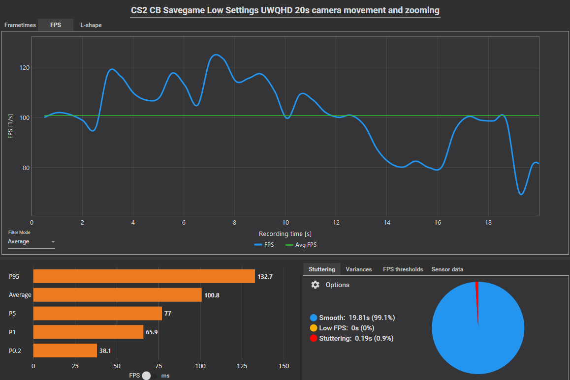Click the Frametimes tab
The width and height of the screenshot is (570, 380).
(x=20, y=25)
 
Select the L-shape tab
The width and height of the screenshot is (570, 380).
(x=91, y=25)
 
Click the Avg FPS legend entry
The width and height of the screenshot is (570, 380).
(x=304, y=244)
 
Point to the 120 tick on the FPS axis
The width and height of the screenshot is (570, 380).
(x=23, y=68)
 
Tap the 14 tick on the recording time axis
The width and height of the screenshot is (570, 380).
(x=387, y=222)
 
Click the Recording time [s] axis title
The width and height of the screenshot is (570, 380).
(x=285, y=234)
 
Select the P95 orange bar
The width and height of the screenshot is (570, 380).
(x=144, y=276)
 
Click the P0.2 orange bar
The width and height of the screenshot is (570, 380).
(x=65, y=351)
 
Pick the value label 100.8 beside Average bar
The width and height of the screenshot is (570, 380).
(x=212, y=295)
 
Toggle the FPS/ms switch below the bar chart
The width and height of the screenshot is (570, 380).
(x=150, y=376)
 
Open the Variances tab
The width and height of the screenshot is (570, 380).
(x=358, y=269)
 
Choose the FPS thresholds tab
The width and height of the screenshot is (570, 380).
(x=403, y=269)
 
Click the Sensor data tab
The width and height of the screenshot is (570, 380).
(x=447, y=269)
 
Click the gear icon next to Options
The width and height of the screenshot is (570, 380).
(x=316, y=285)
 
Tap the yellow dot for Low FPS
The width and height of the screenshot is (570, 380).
(x=314, y=328)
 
